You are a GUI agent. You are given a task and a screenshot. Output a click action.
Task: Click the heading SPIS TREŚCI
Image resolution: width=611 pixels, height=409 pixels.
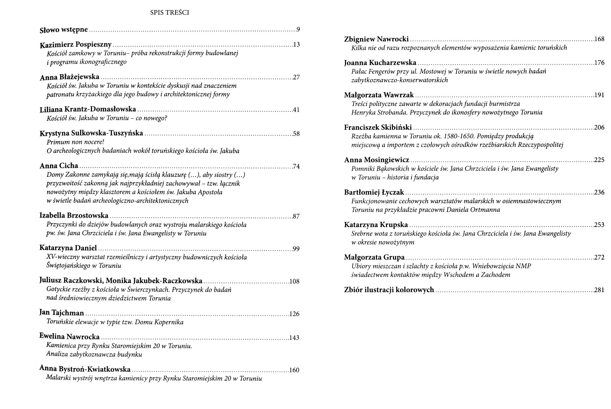click(169, 13)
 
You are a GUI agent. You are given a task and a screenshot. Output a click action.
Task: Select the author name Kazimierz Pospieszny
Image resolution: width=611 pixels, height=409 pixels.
click(76, 45)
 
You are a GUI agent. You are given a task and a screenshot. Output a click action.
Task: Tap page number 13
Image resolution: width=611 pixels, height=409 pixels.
click(296, 45)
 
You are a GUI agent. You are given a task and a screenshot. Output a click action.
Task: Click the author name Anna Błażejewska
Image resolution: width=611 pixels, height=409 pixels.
click(69, 77)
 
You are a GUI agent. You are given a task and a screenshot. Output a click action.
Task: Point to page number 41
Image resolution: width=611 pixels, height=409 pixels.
click(296, 110)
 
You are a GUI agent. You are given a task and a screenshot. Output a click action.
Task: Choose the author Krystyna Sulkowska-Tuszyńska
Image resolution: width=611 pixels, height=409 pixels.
click(91, 134)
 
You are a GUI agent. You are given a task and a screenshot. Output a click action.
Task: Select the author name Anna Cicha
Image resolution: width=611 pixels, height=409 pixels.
click(59, 166)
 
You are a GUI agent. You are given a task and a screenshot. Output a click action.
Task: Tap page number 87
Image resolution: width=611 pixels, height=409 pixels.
click(296, 216)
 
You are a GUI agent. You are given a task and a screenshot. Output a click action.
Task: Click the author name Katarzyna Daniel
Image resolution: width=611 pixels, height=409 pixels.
click(68, 248)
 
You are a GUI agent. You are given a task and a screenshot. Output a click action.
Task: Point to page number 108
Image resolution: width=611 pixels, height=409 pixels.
click(294, 282)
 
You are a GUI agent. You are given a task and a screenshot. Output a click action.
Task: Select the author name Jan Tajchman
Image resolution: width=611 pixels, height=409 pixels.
click(62, 313)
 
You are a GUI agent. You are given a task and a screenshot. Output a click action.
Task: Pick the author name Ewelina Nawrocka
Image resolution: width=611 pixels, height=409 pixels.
click(69, 337)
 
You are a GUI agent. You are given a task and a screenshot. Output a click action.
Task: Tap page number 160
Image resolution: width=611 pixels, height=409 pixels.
click(294, 370)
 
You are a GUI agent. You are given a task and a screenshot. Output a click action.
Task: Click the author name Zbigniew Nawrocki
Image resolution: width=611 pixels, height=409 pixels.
click(376, 39)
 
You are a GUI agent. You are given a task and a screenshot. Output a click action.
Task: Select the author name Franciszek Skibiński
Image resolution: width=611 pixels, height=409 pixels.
click(378, 127)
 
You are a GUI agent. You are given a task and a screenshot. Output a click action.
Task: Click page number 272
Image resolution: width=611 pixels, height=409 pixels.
click(599, 257)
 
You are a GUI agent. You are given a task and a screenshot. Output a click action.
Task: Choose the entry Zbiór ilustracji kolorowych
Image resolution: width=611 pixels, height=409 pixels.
click(389, 290)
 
